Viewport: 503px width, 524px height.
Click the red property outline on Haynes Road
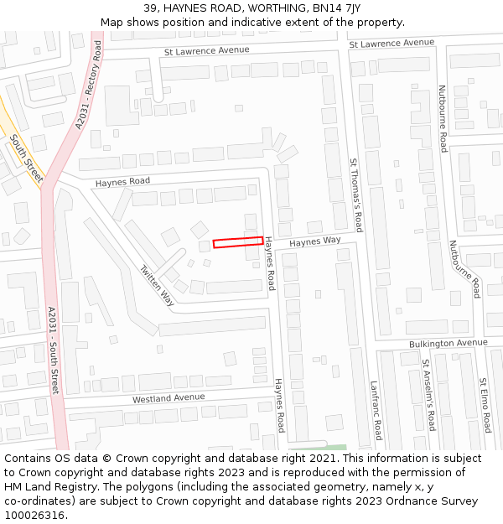tap(237, 242)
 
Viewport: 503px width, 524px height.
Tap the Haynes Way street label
tap(315, 241)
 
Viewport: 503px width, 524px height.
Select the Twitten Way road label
tap(157, 286)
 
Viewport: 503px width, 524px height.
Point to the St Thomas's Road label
tap(356, 195)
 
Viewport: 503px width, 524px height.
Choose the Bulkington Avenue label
tap(448, 343)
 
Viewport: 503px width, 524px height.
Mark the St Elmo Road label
tap(485, 405)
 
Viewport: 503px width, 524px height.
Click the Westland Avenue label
tap(168, 398)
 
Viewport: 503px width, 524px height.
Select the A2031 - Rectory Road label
tap(92, 87)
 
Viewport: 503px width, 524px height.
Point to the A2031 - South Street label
tap(53, 350)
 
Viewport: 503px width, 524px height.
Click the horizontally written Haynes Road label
tap(122, 182)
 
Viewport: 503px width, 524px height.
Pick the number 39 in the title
tap(151, 8)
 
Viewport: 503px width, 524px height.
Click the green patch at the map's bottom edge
tap(329, 447)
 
